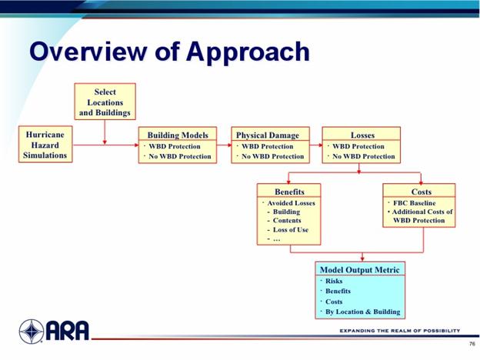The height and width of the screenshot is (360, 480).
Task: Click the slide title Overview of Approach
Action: (169, 52)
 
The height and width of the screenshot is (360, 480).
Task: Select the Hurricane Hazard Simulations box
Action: (45, 144)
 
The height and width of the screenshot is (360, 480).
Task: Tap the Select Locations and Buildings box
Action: (105, 102)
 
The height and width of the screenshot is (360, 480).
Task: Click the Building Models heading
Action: (178, 135)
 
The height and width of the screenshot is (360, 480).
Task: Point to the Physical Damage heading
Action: (268, 135)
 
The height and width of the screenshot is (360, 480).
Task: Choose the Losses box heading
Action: (362, 135)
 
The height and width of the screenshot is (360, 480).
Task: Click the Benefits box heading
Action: (289, 192)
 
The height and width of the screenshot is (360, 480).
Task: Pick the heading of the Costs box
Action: (422, 192)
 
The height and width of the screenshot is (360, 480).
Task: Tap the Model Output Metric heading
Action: (360, 270)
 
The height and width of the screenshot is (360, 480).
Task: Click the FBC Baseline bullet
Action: (414, 203)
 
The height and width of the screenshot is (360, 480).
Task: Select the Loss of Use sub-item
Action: (291, 229)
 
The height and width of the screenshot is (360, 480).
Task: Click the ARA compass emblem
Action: (32, 332)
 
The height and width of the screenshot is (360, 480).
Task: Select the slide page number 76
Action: (472, 344)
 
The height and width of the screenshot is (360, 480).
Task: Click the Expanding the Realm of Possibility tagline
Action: (400, 331)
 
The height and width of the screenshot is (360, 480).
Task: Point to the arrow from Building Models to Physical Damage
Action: (224, 145)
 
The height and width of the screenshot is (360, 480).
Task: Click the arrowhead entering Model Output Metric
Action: (362, 259)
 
